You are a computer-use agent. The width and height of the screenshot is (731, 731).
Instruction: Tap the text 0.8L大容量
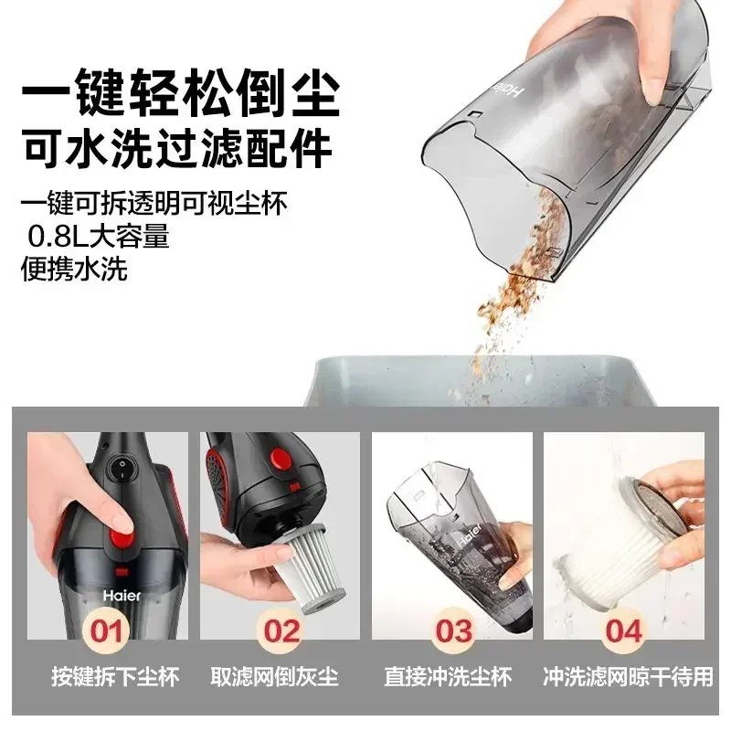tap(100, 238)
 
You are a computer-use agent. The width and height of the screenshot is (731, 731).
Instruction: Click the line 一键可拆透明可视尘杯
tap(154, 203)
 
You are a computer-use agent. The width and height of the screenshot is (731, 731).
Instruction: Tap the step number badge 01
tap(109, 630)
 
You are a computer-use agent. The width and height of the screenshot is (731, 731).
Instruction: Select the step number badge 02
tap(281, 630)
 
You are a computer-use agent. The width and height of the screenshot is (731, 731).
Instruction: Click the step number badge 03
tap(454, 630)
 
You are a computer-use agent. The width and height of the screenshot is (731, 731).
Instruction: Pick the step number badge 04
tap(625, 630)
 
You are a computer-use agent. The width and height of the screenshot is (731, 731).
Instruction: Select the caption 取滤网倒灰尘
tap(281, 677)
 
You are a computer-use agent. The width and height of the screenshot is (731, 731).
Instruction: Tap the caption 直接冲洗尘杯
tap(453, 677)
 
